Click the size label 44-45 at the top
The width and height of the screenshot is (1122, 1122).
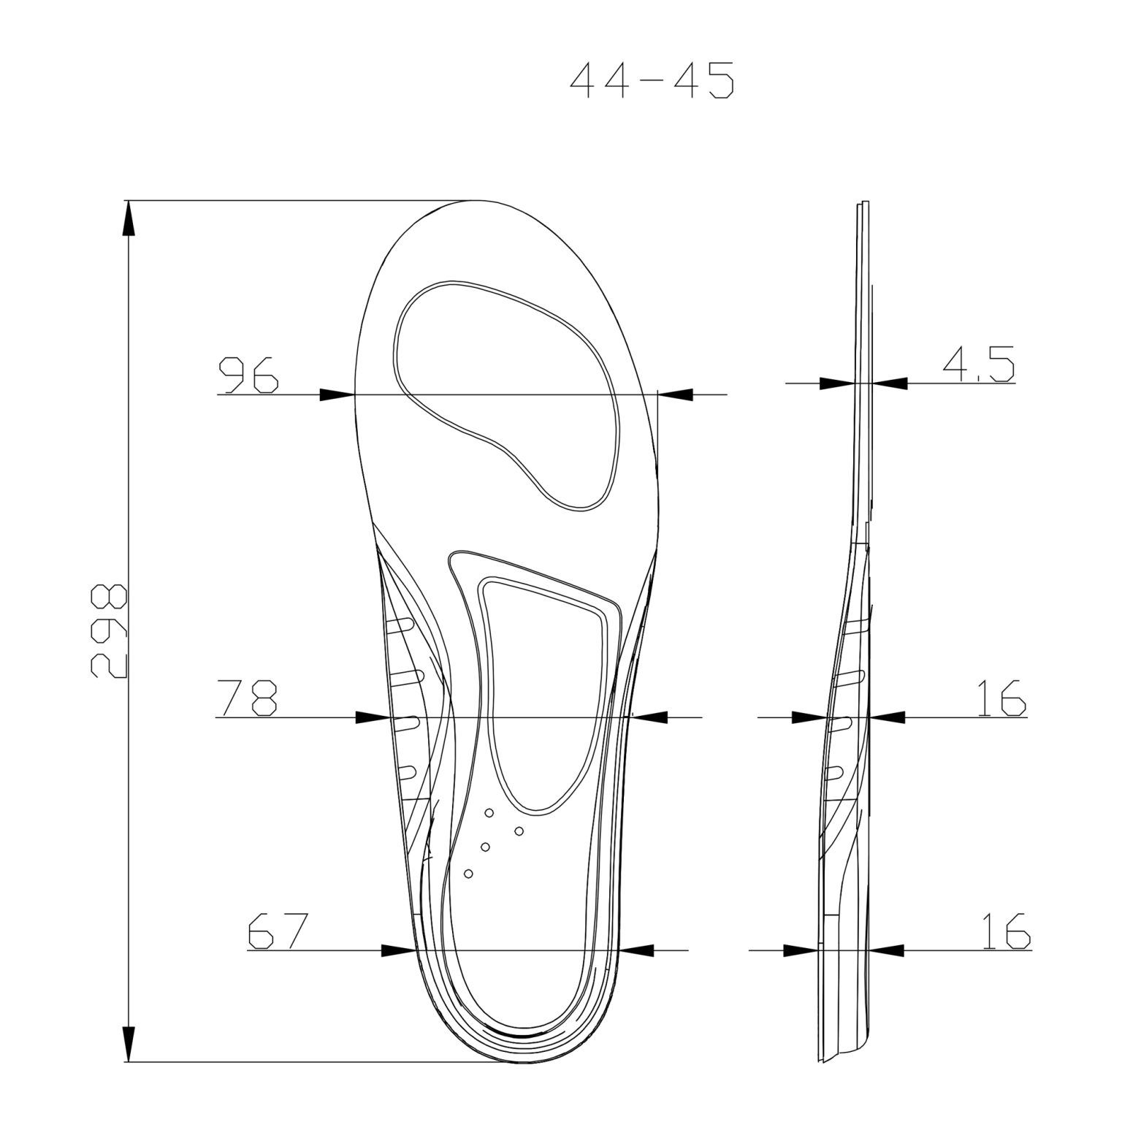click(x=652, y=81)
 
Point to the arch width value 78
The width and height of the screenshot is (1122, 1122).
click(x=248, y=698)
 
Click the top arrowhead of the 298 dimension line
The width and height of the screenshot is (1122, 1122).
click(x=128, y=218)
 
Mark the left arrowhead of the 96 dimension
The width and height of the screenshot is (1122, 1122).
click(x=337, y=394)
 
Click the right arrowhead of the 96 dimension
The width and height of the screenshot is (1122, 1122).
click(x=675, y=394)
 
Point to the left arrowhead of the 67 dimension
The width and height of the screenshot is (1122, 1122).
click(x=399, y=950)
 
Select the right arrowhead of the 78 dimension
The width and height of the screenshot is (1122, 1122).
click(x=649, y=717)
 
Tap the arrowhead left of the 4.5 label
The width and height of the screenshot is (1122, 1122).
click(x=836, y=382)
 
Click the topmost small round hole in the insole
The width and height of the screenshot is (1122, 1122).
click(x=489, y=812)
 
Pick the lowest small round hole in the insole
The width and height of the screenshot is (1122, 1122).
click(x=469, y=873)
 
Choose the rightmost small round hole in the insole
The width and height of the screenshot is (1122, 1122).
click(x=519, y=831)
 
